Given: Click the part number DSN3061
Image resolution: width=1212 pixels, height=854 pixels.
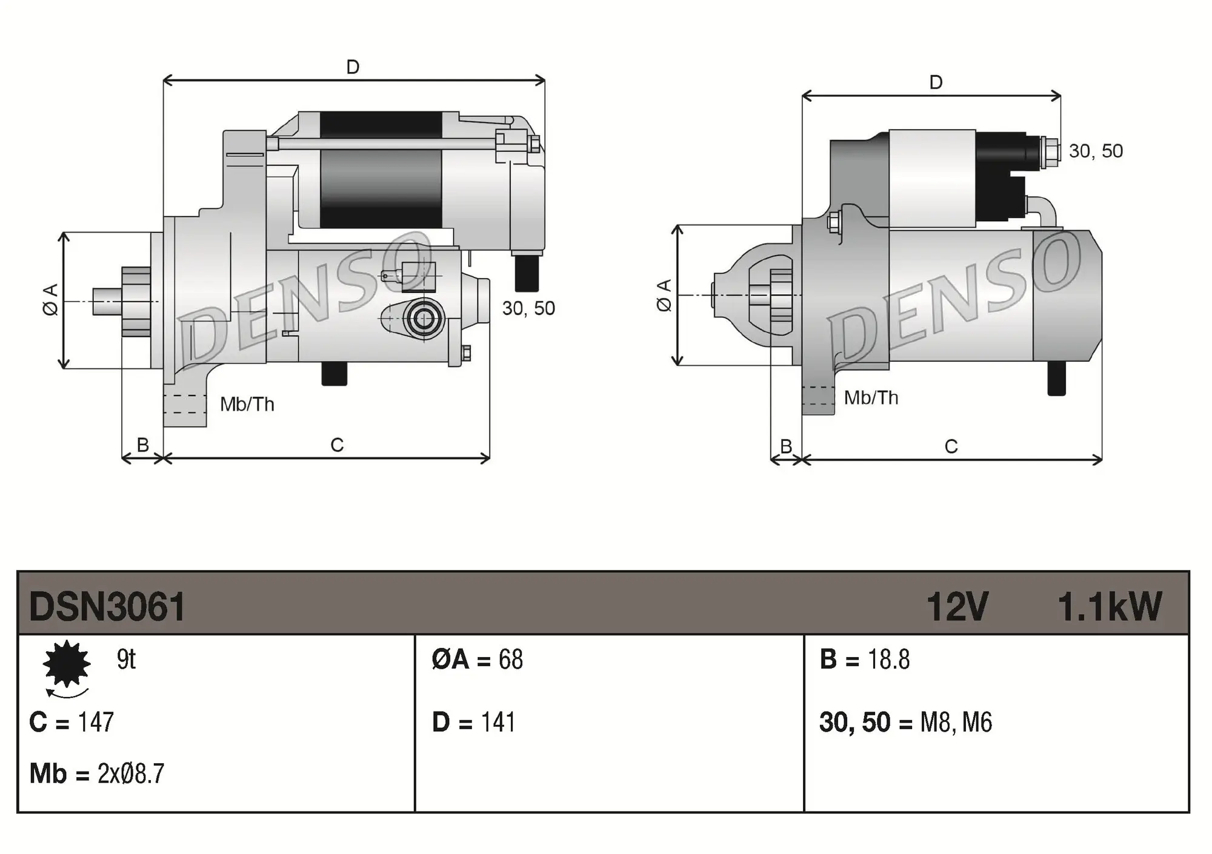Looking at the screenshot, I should click(107, 607).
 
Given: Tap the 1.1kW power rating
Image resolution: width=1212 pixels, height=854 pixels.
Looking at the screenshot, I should click(1109, 607).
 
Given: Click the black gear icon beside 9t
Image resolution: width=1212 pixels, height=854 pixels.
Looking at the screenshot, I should click(67, 664).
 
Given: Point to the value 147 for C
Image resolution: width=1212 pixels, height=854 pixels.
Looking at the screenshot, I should click(96, 722).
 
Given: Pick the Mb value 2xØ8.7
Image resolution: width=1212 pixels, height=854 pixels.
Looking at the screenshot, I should click(130, 774).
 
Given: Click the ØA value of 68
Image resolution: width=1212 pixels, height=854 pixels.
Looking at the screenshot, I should click(510, 660).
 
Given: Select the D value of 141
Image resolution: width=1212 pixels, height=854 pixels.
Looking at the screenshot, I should click(498, 723).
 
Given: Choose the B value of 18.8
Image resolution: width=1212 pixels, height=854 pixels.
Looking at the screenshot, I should click(888, 660).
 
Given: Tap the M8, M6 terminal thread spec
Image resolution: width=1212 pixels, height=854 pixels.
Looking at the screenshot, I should click(956, 723).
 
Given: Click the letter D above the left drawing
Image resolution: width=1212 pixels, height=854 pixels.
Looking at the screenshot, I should click(353, 67).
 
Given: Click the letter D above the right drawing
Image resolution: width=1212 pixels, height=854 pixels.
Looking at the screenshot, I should click(936, 82).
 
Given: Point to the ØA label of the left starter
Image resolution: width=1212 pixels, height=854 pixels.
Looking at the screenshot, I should click(51, 299).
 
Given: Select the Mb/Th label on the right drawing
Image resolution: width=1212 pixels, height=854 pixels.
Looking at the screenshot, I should click(871, 398).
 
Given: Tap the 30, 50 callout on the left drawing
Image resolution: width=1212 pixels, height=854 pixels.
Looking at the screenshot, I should click(528, 308).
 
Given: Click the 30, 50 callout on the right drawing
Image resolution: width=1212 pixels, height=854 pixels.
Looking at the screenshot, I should click(1096, 151).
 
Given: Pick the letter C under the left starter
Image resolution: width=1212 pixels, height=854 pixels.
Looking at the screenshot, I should click(337, 445).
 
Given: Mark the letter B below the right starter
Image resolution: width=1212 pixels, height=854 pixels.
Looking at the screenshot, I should click(786, 446).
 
